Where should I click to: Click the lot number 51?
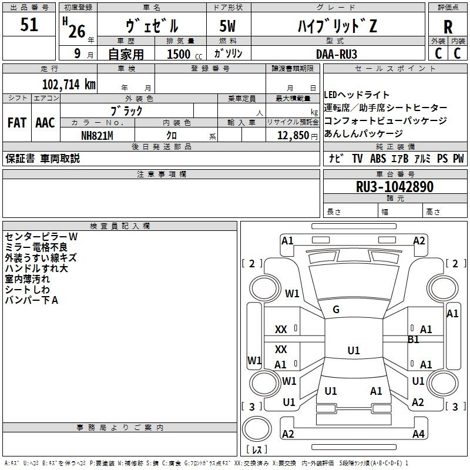tap(29, 25)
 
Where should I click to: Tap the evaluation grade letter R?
tap(448, 28)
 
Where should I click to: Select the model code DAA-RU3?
tap(336, 53)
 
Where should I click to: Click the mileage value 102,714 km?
tap(69, 84)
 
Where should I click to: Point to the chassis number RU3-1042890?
tap(395, 187)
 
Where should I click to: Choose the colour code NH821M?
tap(96, 135)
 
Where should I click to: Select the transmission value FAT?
tap(16, 123)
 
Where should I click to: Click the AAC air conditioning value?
tap(45, 123)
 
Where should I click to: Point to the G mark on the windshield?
tap(336, 310)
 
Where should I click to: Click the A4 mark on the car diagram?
tap(418, 434)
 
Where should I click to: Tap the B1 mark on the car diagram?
tap(414, 340)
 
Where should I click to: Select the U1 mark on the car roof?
tap(353, 351)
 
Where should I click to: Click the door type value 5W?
tap(228, 26)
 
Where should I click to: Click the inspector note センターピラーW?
tap(41, 236)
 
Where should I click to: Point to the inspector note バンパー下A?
tap(32, 300)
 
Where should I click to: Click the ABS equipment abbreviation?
tap(378, 158)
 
